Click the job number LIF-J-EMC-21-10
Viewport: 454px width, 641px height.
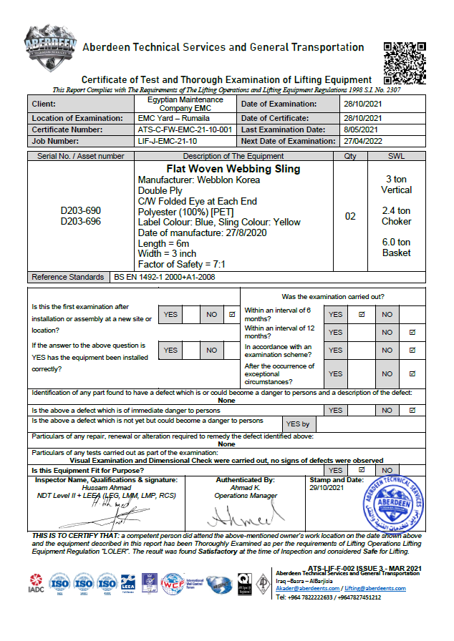[167, 141]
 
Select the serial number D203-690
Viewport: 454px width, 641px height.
[81, 211]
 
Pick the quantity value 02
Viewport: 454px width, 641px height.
[350, 216]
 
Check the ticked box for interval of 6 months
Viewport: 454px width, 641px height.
[362, 314]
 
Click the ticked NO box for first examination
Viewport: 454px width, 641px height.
[231, 314]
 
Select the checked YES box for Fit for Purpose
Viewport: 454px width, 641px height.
[362, 470]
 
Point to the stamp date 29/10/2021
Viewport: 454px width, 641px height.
[327, 487]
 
